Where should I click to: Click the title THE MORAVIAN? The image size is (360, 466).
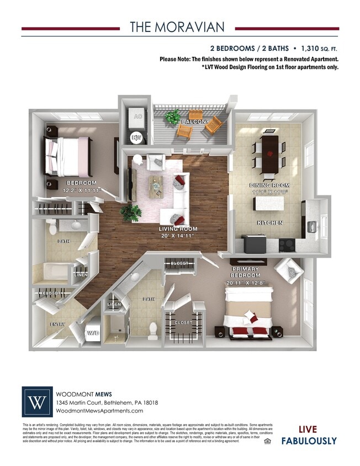pos(177,27)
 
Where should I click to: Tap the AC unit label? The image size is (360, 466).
pos(135,116)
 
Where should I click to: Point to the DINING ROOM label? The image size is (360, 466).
pos(269,186)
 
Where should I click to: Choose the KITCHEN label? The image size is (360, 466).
pos(269,223)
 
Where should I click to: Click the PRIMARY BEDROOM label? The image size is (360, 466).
pos(245,272)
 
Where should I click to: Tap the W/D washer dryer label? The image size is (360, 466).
pos(93,333)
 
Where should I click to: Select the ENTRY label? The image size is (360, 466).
pos(57,324)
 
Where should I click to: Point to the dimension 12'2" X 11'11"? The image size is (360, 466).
pos(81,189)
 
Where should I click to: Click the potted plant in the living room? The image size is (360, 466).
pos(131,213)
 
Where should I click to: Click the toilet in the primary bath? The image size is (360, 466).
pos(153,329)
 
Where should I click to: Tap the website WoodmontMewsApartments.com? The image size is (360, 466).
pos(96,411)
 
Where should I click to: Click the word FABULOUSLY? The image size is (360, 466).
pos(309,440)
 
